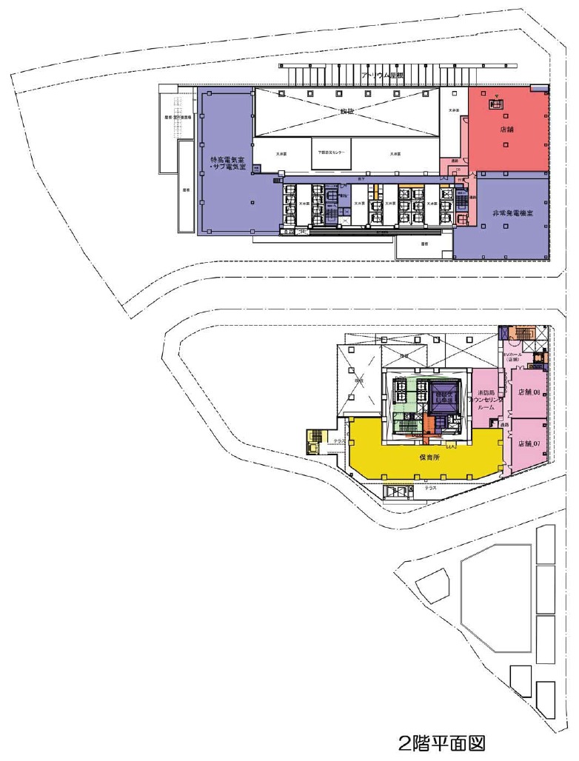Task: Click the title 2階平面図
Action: (x=442, y=742)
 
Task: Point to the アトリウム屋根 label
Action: (x=383, y=76)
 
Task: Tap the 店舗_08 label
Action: (x=529, y=392)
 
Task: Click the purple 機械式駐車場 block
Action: (x=446, y=394)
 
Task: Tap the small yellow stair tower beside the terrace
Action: (x=315, y=442)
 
